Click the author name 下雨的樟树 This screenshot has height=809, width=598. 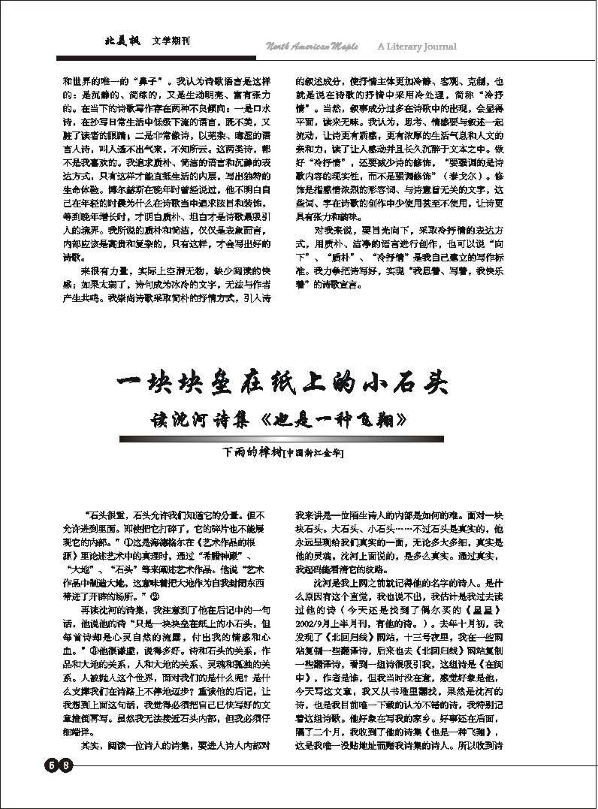pos(251,453)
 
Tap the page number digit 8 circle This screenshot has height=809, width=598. pos(67,765)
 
